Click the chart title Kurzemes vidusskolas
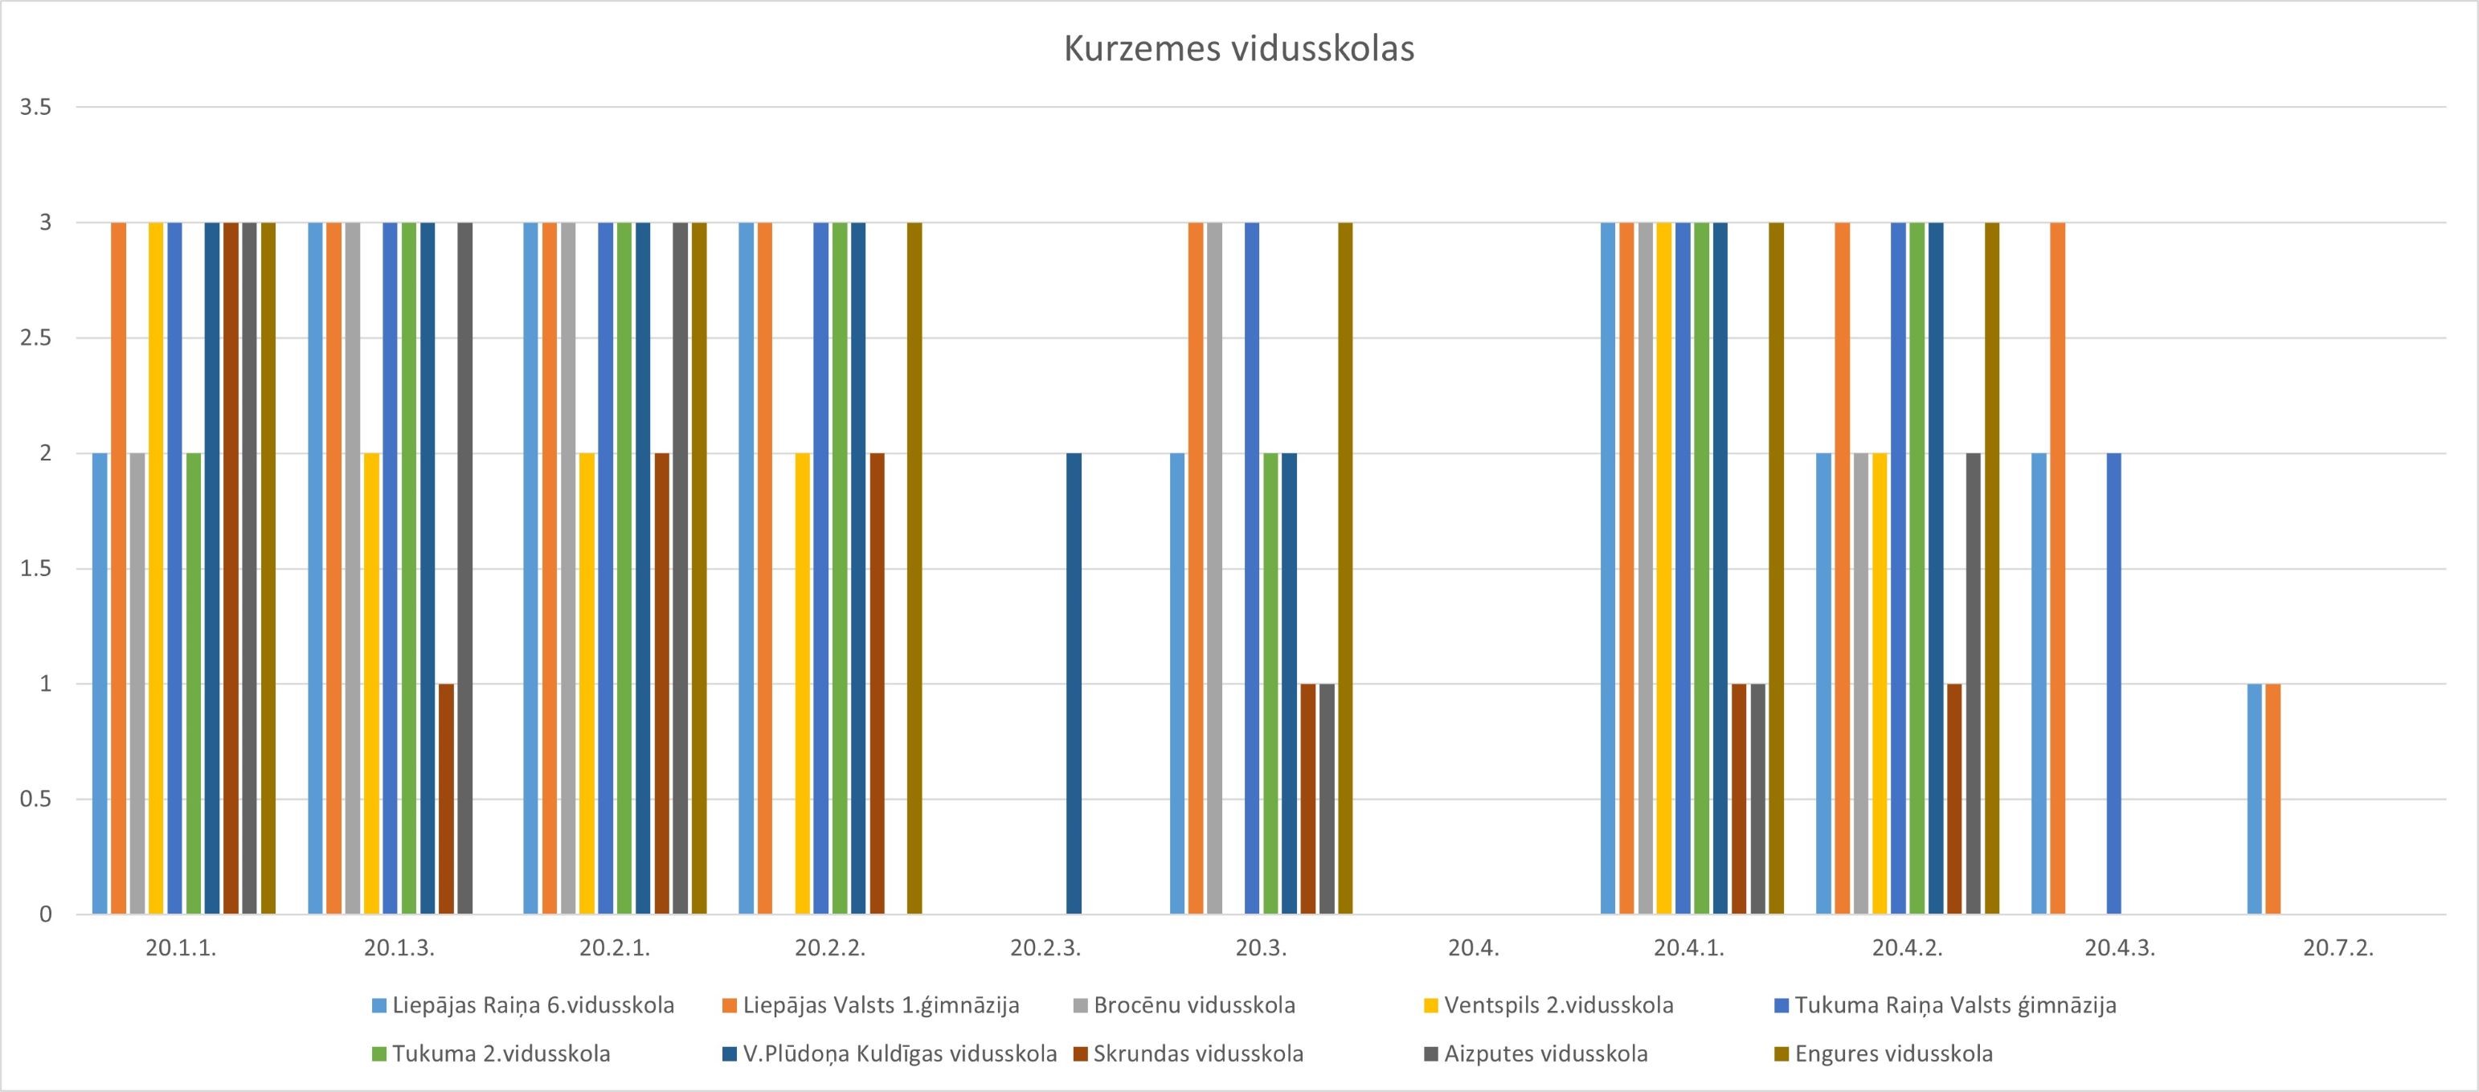[x=1238, y=49]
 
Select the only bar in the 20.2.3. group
[x=1074, y=683]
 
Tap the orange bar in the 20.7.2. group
[x=2273, y=799]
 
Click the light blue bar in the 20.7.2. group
[x=2254, y=799]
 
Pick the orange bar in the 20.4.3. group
[x=2057, y=567]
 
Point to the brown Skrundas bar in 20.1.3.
[x=445, y=799]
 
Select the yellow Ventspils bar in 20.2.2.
[x=803, y=683]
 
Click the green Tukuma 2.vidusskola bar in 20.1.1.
[x=194, y=683]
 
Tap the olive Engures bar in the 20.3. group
[x=1345, y=567]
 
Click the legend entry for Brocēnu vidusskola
[x=1194, y=1005]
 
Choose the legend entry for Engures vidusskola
[x=1893, y=1053]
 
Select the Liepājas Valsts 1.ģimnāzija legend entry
[x=881, y=1005]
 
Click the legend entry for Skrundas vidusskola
[x=1197, y=1053]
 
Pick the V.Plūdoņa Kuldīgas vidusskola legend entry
[x=900, y=1053]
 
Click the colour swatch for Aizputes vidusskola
[x=1431, y=1054]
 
